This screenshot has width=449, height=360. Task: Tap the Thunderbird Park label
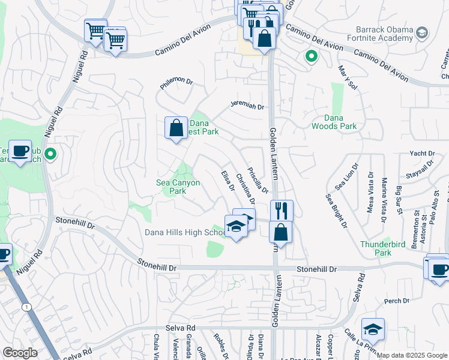pos(376,248)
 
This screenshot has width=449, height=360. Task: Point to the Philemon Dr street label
pos(176,84)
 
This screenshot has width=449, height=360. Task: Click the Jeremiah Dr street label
pos(248,106)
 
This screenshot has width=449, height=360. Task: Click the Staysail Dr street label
pos(420,172)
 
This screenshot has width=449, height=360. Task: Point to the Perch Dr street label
pos(396,301)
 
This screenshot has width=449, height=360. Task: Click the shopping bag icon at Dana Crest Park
pos(176,127)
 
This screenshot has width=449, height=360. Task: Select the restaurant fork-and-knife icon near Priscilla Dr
pos(281,211)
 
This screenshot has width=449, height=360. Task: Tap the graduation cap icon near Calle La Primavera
pos(373,329)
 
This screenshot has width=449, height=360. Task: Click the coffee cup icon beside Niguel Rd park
pos(20,151)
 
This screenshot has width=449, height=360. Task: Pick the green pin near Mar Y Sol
pos(311,58)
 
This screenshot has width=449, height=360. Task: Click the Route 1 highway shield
pos(26,307)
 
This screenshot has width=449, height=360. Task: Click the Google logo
pos(20,353)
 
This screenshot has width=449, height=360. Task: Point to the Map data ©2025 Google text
pos(412,355)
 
